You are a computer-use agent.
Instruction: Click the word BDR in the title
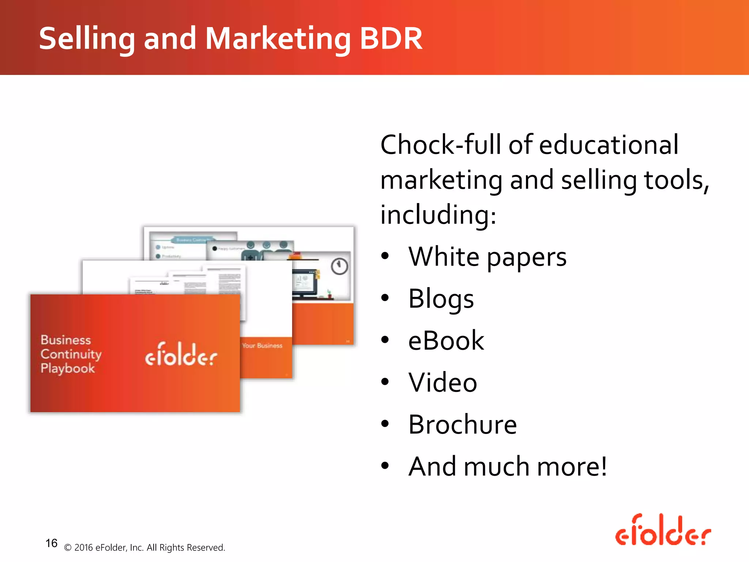pyautogui.click(x=391, y=38)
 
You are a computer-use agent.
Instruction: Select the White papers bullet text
pyautogui.click(x=487, y=257)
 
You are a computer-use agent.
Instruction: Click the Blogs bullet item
pyautogui.click(x=441, y=299)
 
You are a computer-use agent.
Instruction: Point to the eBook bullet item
pyautogui.click(x=446, y=341)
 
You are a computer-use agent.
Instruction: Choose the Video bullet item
pyautogui.click(x=443, y=383)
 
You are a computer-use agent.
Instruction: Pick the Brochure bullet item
pyautogui.click(x=462, y=425)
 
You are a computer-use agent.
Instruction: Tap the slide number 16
pyautogui.click(x=51, y=543)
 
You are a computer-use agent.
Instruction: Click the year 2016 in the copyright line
pyautogui.click(x=83, y=548)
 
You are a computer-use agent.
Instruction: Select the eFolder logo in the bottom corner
pyautogui.click(x=663, y=531)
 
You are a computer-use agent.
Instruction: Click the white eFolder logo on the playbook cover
pyautogui.click(x=181, y=354)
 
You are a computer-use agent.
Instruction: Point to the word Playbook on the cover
pyautogui.click(x=68, y=368)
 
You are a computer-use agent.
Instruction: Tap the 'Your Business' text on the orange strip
pyautogui.click(x=262, y=346)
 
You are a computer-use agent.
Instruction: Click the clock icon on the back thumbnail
pyautogui.click(x=339, y=266)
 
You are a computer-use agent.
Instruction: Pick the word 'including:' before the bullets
pyautogui.click(x=438, y=215)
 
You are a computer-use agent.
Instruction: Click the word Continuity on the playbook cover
pyautogui.click(x=71, y=354)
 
